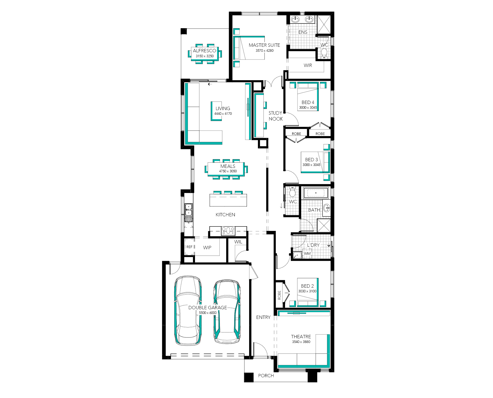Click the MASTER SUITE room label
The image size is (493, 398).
pos(264,45)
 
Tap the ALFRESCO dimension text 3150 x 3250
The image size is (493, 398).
pos(205,56)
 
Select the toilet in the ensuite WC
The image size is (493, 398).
pos(324,53)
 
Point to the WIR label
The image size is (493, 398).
pos(308,65)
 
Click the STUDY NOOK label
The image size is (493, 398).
pos(276,116)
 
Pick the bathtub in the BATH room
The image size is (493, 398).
pos(316,193)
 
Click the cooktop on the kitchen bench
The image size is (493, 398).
pos(228,230)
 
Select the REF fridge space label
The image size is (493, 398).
pos(189,247)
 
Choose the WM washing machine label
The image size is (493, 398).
pos(307,253)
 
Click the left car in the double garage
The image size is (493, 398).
pos(188,310)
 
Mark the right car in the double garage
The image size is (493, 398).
pos(227,312)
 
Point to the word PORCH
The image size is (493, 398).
pos(266,376)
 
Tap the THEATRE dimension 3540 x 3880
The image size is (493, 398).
pos(301,342)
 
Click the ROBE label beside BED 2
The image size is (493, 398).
pos(279,295)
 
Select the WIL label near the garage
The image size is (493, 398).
pos(238,242)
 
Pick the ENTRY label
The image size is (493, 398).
pos(263,317)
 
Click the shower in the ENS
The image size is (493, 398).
pos(323,25)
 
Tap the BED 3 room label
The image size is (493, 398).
pos(311,160)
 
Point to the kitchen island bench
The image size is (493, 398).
pos(228,200)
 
